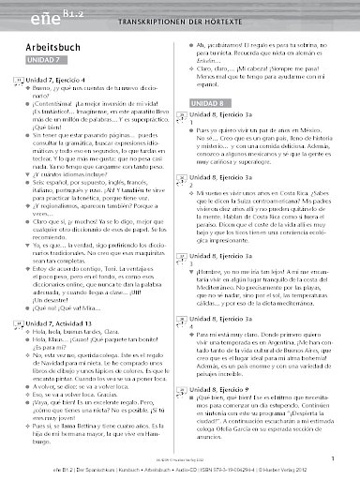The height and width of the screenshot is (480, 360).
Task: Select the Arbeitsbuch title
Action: click(x=52, y=52)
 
